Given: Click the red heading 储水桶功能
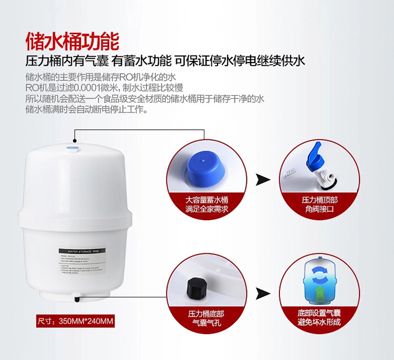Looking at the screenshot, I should coord(73,40).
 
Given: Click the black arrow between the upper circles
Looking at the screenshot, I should coord(263,180).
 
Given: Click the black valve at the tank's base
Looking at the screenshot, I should coord(77,300).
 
